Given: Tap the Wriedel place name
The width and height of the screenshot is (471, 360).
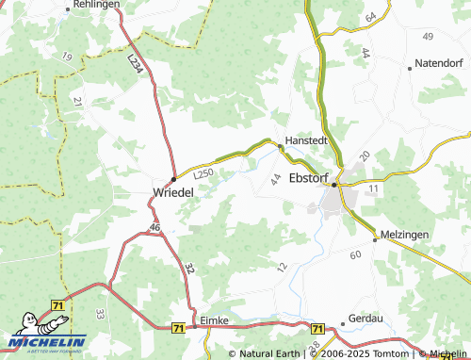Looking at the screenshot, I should click(173, 192).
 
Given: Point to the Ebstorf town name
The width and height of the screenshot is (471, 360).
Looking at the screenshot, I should click(312, 177).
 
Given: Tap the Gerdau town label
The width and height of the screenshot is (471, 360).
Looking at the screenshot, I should click(368, 319).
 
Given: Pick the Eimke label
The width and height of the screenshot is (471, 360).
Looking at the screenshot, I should click(216, 320).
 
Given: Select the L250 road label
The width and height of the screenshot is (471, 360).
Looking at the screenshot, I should click(203, 172).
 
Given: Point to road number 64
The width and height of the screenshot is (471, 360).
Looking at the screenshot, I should click(369, 19).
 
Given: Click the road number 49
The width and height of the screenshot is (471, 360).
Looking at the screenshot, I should click(429, 36).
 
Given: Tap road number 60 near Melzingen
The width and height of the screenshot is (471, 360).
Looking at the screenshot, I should click(355, 254).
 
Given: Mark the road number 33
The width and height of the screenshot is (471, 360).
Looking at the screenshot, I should click(100, 312).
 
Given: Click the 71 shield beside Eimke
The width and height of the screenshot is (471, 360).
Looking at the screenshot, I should click(179, 327).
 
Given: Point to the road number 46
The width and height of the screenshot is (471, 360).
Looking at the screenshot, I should click(154, 228).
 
